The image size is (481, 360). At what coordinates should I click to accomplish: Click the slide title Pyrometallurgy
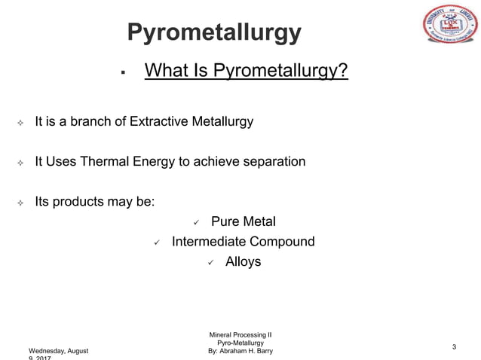pyautogui.click(x=214, y=32)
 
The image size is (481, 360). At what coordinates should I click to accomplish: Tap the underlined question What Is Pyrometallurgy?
pyautogui.click(x=246, y=72)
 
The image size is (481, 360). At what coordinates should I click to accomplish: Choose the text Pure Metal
pyautogui.click(x=243, y=221)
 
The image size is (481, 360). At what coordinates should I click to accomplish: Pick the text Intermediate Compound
pyautogui.click(x=243, y=242)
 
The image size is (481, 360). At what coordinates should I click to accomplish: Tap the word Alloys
pyautogui.click(x=243, y=262)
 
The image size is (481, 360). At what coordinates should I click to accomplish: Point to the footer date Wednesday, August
pyautogui.click(x=58, y=351)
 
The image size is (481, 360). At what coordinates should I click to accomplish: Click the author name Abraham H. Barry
pyautogui.click(x=248, y=351)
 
